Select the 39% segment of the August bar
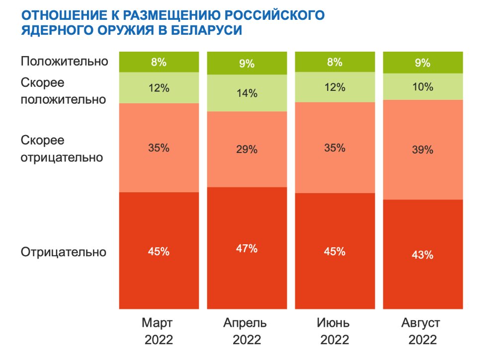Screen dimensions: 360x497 (423, 149)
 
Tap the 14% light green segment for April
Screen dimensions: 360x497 (247, 93)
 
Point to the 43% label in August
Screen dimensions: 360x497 (423, 255)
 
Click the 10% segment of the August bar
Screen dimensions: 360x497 (423, 86)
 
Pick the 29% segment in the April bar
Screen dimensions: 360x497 (247, 149)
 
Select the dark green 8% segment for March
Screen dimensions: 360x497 (159, 62)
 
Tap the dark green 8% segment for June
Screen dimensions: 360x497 (335, 62)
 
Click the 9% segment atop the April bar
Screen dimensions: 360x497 (247, 64)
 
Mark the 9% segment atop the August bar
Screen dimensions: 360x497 (423, 63)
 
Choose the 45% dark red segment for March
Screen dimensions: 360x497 (159, 251)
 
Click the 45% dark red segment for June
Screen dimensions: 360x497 (335, 251)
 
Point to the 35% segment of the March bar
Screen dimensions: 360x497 (159, 147)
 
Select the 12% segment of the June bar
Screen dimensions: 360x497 (335, 87)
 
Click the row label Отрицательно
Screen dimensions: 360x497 (64, 252)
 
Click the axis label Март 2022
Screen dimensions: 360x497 (158, 332)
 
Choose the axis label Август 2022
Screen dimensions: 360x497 (422, 332)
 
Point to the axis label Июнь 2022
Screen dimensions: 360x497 (334, 332)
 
